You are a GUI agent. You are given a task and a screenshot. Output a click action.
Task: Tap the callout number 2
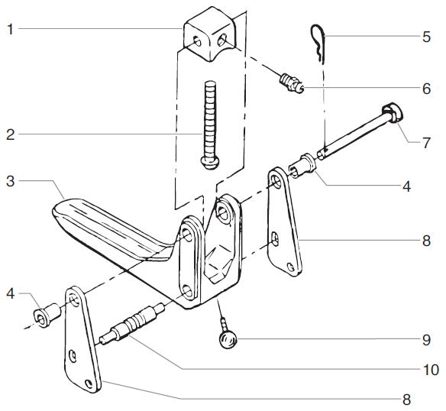pos(9,135)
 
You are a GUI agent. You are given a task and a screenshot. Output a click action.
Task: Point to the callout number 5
pos(426,35)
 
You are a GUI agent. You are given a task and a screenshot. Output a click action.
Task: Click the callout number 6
pos(426,88)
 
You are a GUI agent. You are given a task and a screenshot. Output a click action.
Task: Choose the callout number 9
pos(426,337)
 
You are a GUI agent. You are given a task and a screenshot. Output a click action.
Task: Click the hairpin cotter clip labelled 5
pos(319,42)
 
